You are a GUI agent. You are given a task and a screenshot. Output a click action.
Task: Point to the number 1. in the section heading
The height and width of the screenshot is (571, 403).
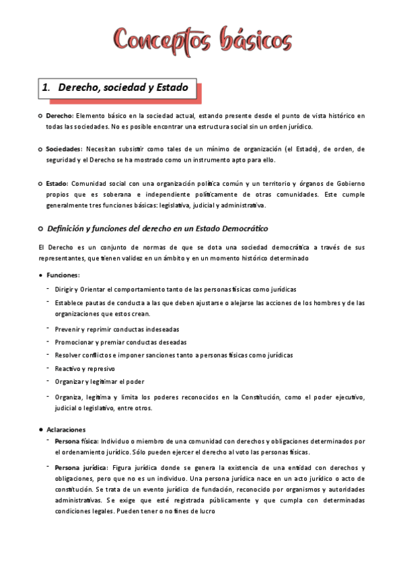pos(46,88)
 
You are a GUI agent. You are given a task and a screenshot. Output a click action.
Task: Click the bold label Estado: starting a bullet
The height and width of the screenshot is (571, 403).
pos(57,183)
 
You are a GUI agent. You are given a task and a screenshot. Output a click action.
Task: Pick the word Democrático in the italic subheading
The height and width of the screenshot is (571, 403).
pos(238,229)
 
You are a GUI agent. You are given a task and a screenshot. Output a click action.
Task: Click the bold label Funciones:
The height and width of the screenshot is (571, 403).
pos(63,275)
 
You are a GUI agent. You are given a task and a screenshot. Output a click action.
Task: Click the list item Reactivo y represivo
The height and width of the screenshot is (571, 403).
pos(85,368)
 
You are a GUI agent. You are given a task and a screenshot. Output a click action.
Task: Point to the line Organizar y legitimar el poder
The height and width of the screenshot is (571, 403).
pos(100,381)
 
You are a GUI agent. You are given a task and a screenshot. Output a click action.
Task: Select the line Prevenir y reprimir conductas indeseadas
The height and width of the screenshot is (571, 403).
pos(116,329)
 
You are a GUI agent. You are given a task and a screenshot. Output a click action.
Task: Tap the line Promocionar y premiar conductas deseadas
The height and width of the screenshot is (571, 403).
pos(116,342)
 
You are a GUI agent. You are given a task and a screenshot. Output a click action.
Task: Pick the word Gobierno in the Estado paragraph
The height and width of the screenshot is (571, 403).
pos(348,183)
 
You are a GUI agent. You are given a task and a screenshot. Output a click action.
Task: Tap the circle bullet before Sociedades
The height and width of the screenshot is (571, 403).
pos(41,149)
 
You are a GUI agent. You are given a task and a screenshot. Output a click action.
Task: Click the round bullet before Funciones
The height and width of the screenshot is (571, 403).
pos(41,275)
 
